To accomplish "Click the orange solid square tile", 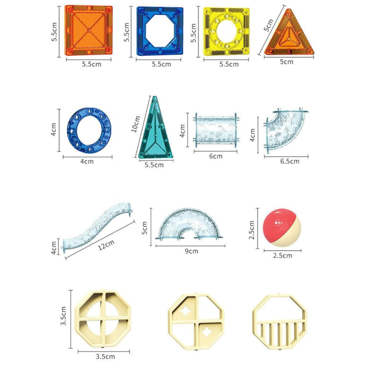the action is coord(89,30).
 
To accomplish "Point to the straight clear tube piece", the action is coord(216,130).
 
